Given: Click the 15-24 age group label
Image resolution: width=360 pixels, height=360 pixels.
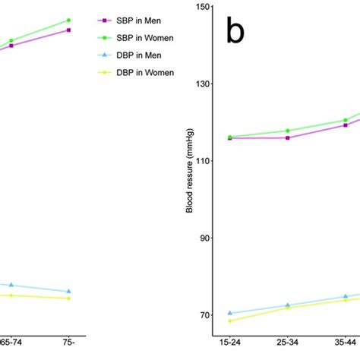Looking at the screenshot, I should tap(229, 343).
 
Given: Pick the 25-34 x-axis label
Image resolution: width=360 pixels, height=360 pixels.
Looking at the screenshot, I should tap(287, 343).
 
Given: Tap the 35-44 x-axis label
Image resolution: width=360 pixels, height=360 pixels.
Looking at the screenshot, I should tap(345, 343).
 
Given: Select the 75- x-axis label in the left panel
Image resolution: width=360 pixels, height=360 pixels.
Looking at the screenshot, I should tap(69, 343).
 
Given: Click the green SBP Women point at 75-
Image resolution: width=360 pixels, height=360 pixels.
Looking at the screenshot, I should tap(69, 21).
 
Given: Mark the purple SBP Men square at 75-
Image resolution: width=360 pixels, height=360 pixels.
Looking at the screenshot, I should tap(69, 30).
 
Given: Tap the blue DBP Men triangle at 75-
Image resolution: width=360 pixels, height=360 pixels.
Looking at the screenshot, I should tap(69, 292).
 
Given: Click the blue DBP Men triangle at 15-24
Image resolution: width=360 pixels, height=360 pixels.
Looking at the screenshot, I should tap(229, 313).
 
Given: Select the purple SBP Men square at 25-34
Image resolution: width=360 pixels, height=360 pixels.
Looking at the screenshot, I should tap(287, 137).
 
